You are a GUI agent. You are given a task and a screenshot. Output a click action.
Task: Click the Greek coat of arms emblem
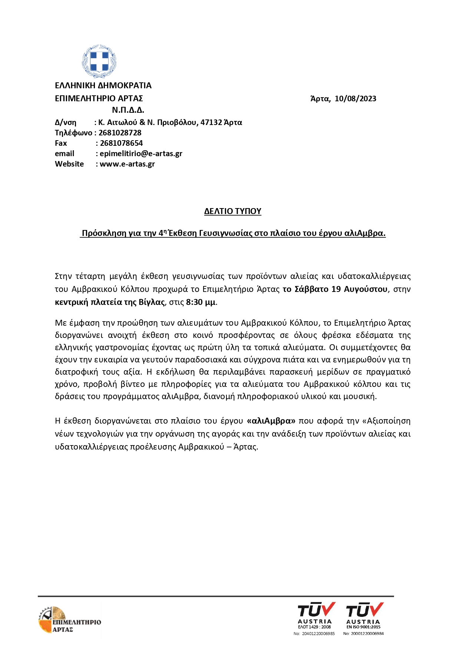[99, 61]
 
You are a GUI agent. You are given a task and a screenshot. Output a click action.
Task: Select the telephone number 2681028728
[120, 133]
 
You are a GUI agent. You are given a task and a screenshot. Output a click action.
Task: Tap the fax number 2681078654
[121, 143]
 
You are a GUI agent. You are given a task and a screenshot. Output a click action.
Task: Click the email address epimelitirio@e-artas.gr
[141, 154]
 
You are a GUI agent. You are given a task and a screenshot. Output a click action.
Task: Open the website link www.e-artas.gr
[127, 164]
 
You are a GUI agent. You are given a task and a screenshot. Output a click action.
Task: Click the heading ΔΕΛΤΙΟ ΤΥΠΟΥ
[233, 211]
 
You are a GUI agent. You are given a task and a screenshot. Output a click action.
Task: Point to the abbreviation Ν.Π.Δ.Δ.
[128, 110]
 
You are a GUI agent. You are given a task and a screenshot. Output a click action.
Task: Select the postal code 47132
[211, 122]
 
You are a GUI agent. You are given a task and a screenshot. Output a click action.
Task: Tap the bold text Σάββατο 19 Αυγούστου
[341, 289]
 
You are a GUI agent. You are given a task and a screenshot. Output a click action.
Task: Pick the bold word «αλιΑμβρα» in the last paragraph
[271, 421]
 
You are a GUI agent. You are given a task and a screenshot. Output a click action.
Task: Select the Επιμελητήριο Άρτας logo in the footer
[69, 620]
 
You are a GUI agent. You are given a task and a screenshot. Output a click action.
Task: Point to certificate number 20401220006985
[318, 634]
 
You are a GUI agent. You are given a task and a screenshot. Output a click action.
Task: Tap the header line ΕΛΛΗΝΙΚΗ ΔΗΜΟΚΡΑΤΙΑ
[103, 86]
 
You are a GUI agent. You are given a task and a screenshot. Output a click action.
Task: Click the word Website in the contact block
[69, 164]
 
